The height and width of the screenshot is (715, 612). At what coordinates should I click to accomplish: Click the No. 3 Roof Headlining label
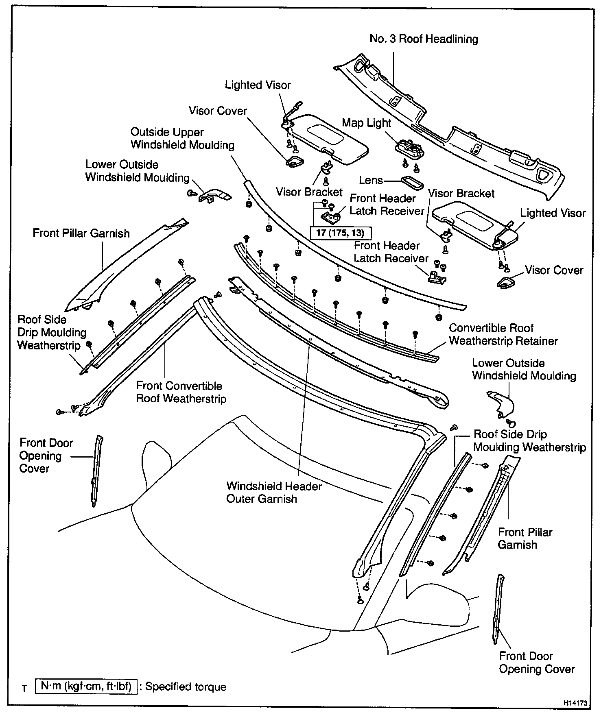point(424,39)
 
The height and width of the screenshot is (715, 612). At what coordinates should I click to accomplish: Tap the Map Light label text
point(366,123)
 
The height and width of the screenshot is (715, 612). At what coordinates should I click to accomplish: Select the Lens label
point(371,180)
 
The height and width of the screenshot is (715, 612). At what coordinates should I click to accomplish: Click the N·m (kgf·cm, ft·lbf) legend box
point(86,687)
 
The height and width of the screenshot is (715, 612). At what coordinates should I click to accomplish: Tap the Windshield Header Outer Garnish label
point(274,493)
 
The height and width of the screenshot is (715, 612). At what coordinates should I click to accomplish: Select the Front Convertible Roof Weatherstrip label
point(181,392)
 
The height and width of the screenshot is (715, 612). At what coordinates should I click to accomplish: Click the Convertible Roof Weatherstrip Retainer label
point(503,334)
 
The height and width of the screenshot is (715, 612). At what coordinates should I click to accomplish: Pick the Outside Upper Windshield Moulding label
point(182,139)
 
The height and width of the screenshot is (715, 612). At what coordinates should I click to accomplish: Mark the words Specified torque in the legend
point(186,687)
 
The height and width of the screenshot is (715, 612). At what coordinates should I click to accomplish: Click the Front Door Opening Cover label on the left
point(46,456)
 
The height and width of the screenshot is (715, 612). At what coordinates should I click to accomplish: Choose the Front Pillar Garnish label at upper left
point(81,233)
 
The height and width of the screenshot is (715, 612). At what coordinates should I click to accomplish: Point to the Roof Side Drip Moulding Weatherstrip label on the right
point(529,441)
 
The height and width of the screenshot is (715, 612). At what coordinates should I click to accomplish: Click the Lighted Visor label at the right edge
point(553,213)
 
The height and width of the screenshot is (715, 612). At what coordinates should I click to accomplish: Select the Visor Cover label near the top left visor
point(218,111)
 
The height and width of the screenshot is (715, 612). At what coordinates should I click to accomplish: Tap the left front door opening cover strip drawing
point(96,471)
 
